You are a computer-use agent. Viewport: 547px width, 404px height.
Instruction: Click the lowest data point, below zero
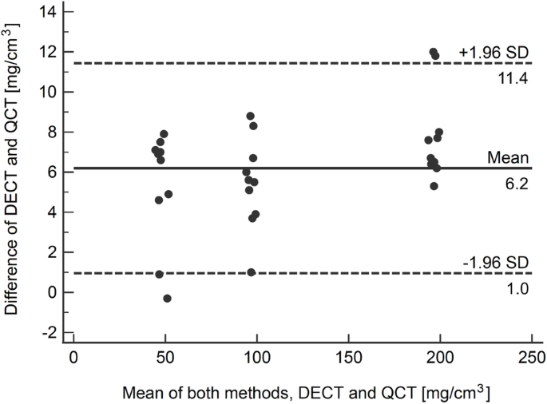coord(167,299)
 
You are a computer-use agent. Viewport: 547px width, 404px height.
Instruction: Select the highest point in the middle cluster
coord(250,116)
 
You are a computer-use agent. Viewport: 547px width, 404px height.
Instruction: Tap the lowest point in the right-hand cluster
coord(434,186)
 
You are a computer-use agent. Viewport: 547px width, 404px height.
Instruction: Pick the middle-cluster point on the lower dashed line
coord(251,272)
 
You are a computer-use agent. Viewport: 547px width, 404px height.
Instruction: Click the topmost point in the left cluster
coord(164,134)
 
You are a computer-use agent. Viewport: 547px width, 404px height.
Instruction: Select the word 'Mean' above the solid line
coord(508,157)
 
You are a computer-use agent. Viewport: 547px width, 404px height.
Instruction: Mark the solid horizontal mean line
coord(319,168)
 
